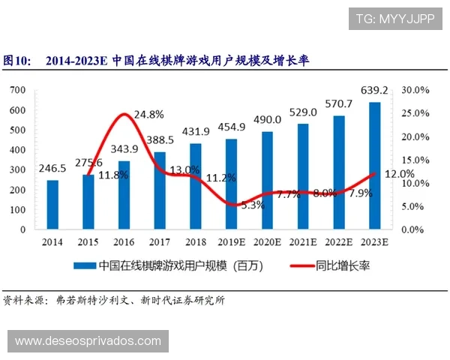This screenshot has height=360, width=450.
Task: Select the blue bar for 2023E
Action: (374, 165)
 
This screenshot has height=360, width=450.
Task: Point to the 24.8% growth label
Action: (148, 115)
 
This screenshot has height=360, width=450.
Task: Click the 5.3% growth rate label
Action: (252, 205)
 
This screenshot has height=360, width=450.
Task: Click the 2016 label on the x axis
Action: (124, 242)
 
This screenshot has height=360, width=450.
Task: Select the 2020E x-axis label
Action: (267, 242)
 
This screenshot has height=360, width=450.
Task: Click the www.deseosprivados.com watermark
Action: (88, 341)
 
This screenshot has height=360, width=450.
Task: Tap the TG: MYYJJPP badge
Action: (396, 18)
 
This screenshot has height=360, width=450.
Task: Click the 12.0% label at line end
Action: (399, 174)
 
